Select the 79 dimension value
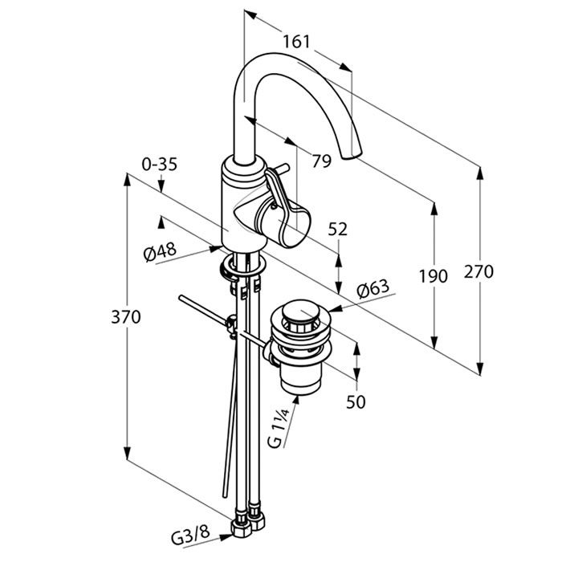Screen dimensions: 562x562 [x=321, y=161]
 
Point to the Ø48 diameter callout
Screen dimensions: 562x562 [x=160, y=251]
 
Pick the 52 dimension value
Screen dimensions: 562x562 [x=338, y=229]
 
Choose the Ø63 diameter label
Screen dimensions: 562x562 [x=373, y=287]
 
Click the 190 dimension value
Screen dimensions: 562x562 [x=433, y=277]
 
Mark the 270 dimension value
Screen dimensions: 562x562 [x=479, y=271]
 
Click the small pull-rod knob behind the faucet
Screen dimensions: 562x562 [x=277, y=169]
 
